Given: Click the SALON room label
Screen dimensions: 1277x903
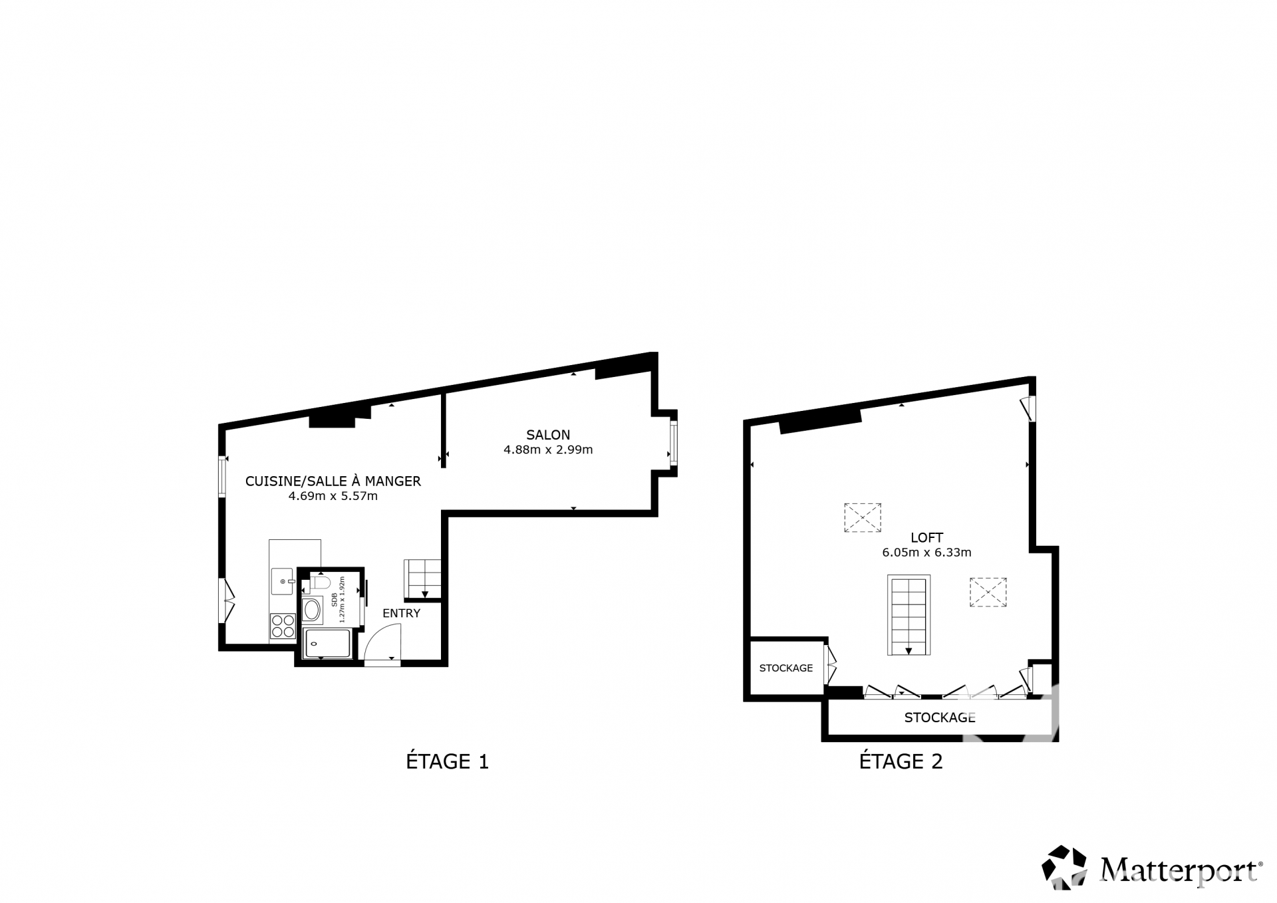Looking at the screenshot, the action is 548,435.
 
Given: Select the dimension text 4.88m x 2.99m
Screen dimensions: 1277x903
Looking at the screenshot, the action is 548,450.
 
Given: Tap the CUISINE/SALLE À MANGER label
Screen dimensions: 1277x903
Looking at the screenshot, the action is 333,481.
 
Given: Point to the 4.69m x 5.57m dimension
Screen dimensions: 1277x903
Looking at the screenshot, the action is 333,496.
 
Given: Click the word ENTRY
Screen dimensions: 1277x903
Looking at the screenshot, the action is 401,613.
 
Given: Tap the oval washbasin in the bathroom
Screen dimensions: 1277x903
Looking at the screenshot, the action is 312,610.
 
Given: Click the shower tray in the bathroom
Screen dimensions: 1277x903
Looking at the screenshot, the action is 327,644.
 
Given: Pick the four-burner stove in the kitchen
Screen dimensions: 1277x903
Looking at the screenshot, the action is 283,626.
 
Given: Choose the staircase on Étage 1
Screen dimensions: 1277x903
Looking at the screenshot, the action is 422,579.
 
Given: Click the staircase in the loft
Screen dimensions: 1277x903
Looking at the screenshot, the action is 909,615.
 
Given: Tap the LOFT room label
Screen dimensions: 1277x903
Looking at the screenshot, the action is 926,537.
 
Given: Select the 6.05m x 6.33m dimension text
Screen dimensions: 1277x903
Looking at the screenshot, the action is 926,552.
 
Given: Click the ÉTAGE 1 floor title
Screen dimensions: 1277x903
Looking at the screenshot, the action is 447,761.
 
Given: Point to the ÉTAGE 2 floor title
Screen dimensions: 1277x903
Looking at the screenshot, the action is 901,761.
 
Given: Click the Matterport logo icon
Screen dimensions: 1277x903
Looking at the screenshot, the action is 1064,867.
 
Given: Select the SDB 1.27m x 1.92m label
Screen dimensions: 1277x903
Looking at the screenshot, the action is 339,599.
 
